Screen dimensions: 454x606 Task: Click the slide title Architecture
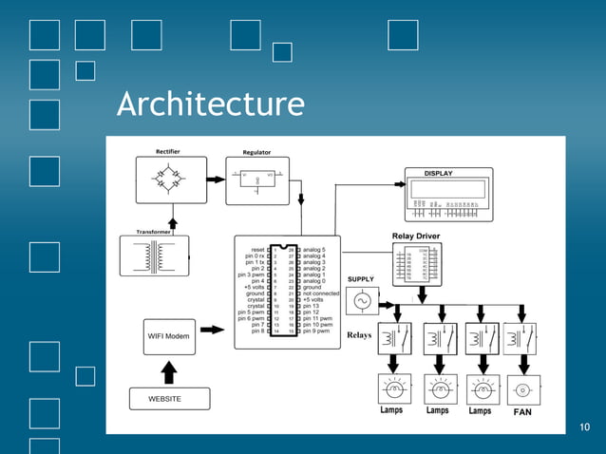(211, 104)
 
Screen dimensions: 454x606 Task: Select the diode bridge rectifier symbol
(172, 179)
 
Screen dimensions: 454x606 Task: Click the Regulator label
(256, 152)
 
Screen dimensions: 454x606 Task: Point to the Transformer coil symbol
(155, 255)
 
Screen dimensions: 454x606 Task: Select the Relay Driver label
(416, 236)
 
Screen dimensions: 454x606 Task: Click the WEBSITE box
(169, 398)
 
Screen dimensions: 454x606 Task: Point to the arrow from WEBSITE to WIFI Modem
(169, 370)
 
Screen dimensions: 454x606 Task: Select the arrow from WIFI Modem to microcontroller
(214, 330)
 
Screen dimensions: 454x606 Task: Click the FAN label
(523, 412)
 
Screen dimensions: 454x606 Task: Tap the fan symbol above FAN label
(522, 389)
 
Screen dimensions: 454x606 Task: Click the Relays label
(359, 335)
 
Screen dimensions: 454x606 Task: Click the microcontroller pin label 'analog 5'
(317, 248)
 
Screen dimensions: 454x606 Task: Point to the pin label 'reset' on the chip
(254, 248)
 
